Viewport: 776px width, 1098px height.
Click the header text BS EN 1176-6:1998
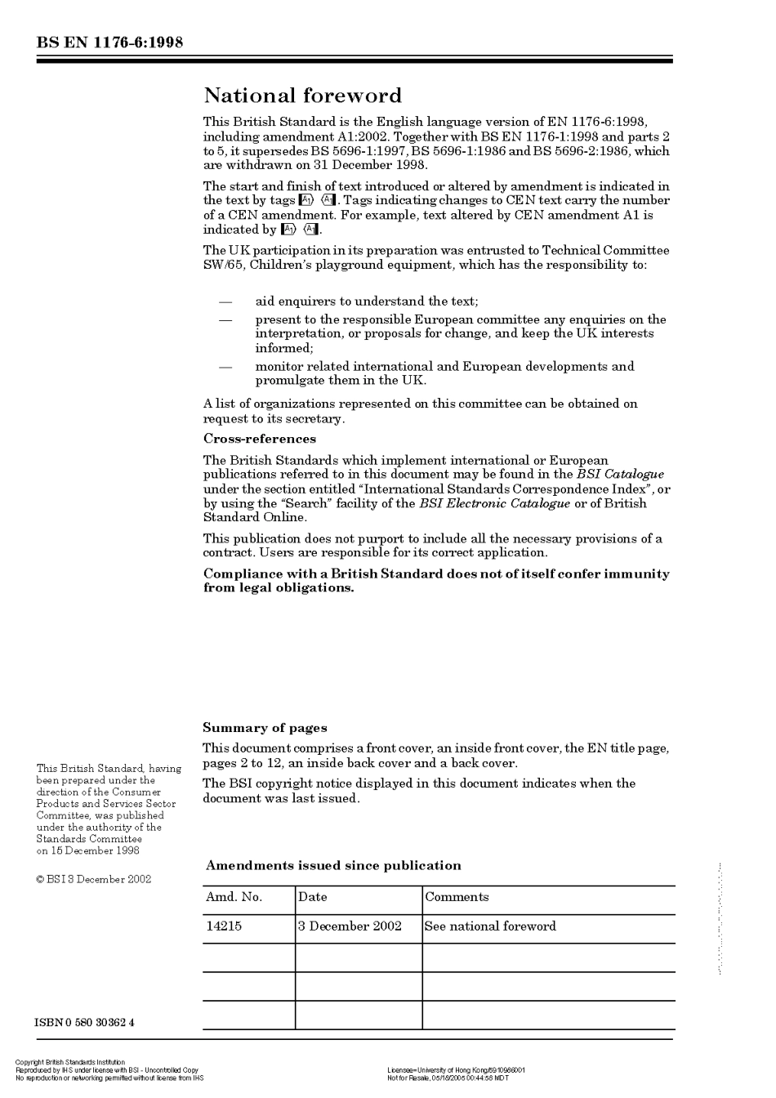click(109, 42)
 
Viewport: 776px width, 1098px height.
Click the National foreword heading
click(302, 96)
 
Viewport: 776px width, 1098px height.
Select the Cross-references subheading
click(259, 439)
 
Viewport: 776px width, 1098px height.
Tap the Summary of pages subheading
click(265, 728)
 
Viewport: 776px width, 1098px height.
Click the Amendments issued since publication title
click(333, 866)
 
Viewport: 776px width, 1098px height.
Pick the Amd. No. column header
click(234, 897)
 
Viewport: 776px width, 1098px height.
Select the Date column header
click(313, 897)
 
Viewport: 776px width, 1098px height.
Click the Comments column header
click(457, 897)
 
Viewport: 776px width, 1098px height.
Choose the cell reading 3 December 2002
click(350, 926)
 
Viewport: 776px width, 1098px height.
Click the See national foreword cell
click(490, 926)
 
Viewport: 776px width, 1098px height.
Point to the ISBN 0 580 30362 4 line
click(85, 1023)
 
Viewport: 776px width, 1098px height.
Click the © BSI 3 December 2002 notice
click(94, 880)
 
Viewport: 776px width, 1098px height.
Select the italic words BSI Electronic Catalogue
click(494, 503)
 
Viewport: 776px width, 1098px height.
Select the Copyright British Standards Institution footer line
click(70, 1063)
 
